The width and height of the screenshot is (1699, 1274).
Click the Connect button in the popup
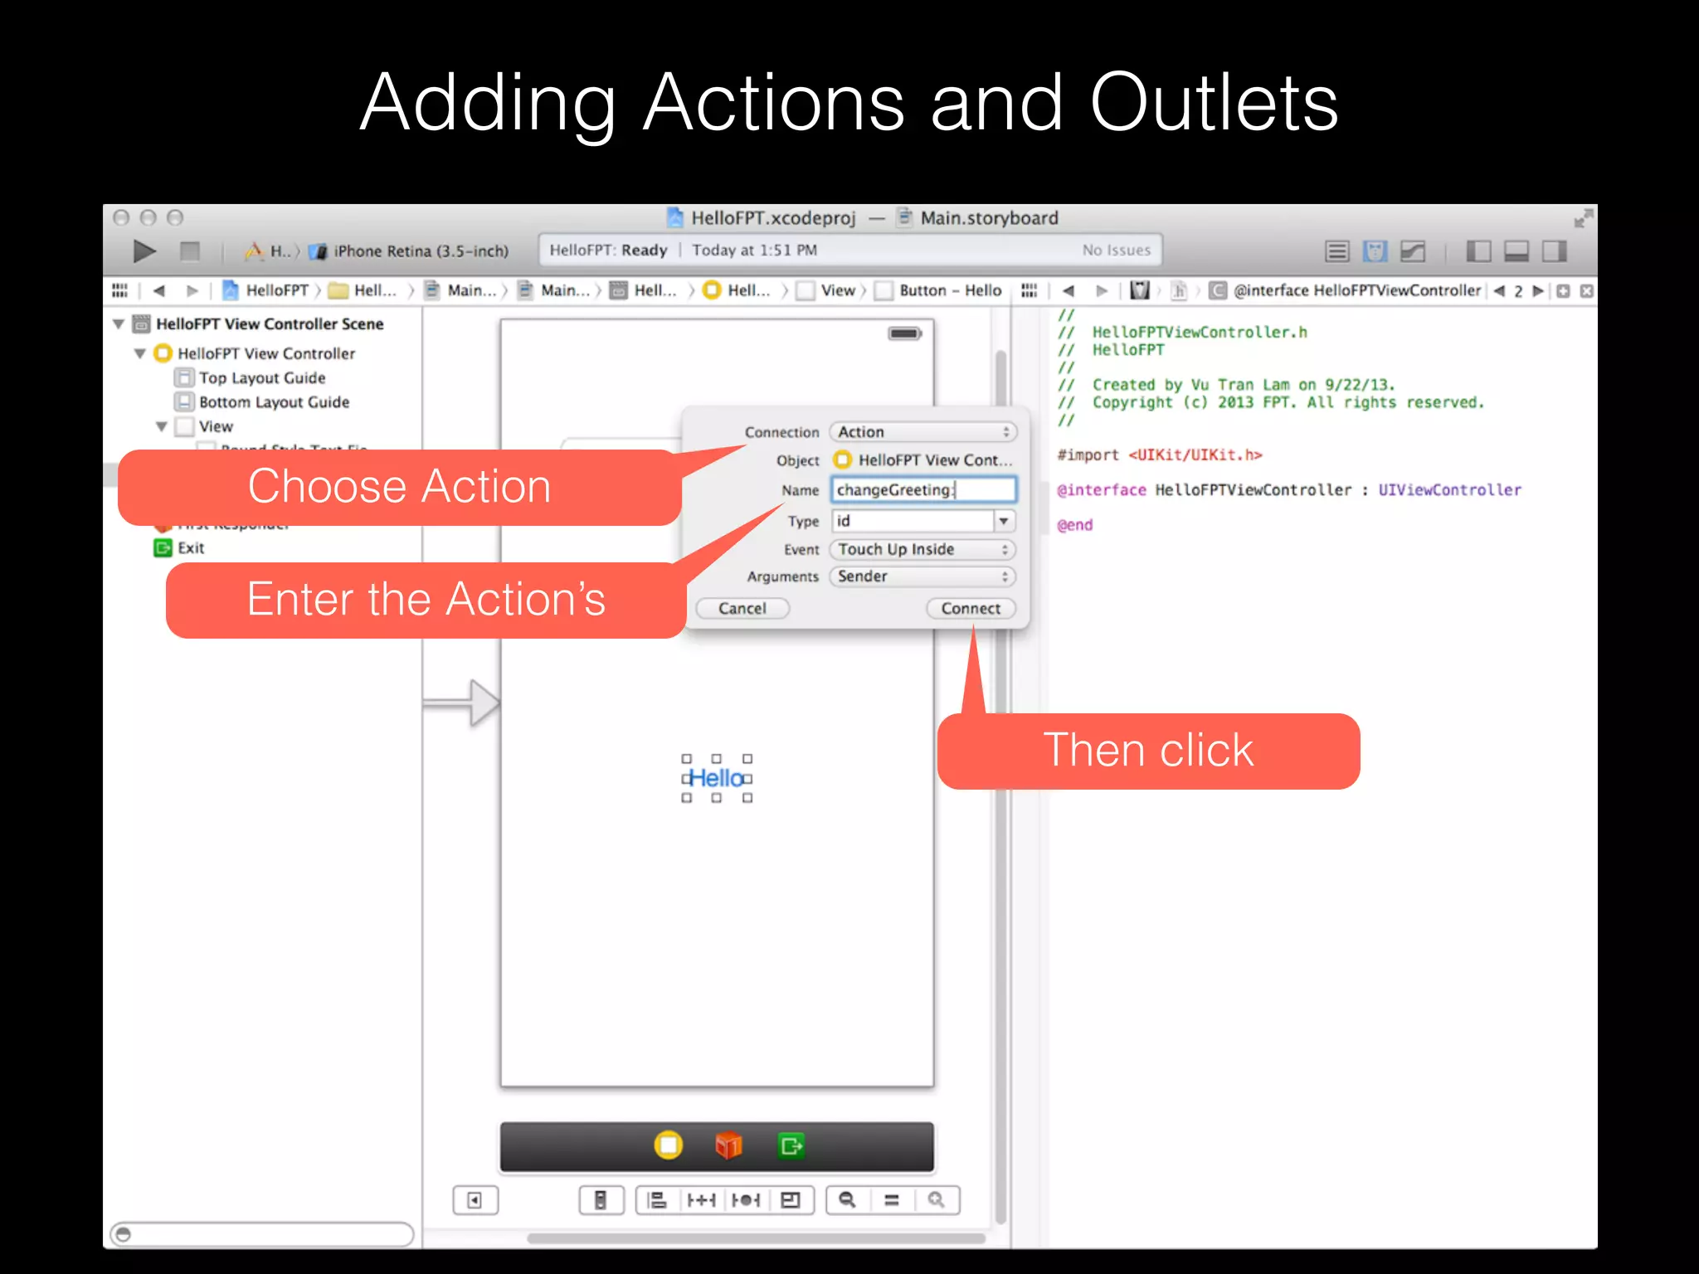pyautogui.click(x=971, y=609)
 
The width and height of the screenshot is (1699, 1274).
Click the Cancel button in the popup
pyautogui.click(x=742, y=609)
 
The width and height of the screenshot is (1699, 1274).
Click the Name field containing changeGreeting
pyautogui.click(x=923, y=490)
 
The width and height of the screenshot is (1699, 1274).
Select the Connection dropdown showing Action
pyautogui.click(x=923, y=432)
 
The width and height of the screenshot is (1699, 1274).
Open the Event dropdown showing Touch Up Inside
pyautogui.click(x=923, y=550)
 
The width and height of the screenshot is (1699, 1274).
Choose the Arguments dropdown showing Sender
pyautogui.click(x=923, y=576)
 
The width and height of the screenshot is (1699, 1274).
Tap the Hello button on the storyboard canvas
pyautogui.click(x=717, y=779)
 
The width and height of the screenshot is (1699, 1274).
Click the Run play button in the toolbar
pyautogui.click(x=144, y=250)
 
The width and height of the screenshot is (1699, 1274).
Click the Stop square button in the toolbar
pyautogui.click(x=190, y=250)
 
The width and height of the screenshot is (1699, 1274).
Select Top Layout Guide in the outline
pyautogui.click(x=262, y=378)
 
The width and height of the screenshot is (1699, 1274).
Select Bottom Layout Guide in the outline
pyautogui.click(x=274, y=402)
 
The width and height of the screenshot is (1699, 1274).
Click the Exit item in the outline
pyautogui.click(x=190, y=548)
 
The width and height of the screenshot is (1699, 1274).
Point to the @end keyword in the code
pyautogui.click(x=1075, y=525)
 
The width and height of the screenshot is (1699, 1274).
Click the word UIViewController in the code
pyautogui.click(x=1449, y=490)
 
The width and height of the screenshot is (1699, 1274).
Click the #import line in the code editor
pyautogui.click(x=1159, y=455)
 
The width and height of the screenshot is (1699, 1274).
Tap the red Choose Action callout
pyautogui.click(x=399, y=487)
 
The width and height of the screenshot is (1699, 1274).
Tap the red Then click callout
pyautogui.click(x=1148, y=751)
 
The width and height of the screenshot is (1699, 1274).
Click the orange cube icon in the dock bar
pyautogui.click(x=728, y=1146)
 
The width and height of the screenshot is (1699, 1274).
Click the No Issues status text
pyautogui.click(x=1116, y=250)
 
